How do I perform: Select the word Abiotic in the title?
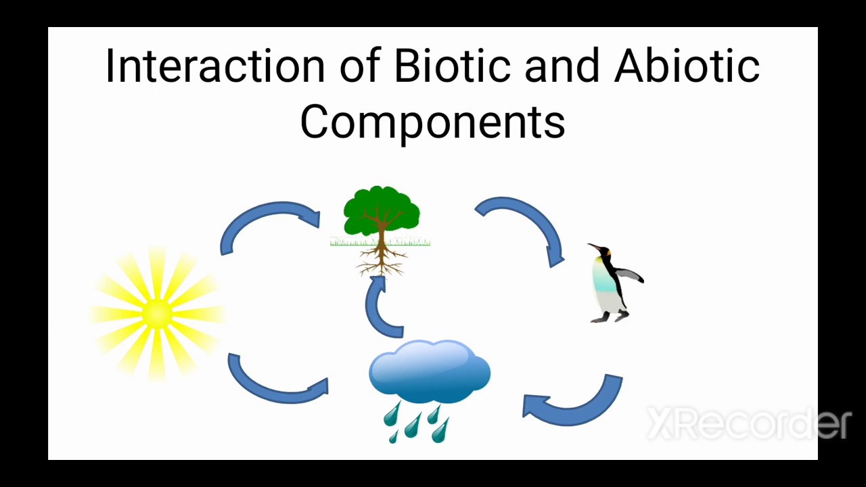pyautogui.click(x=686, y=66)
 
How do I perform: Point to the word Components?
pyautogui.click(x=432, y=122)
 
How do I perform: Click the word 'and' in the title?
pyautogui.click(x=562, y=66)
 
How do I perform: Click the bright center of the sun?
pyautogui.click(x=158, y=313)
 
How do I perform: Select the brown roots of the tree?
pyautogui.click(x=382, y=260)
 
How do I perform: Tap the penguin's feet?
pyautogui.click(x=609, y=317)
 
